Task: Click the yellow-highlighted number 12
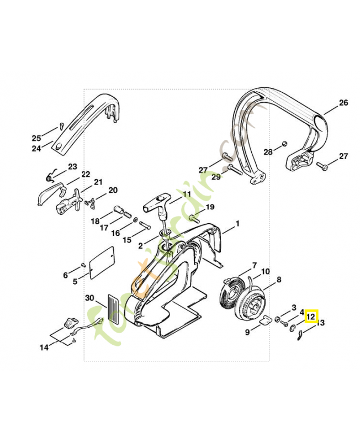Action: point(311,317)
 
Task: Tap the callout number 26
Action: point(343,103)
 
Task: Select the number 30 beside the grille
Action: point(90,298)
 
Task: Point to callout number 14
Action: point(44,348)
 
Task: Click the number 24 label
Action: point(36,148)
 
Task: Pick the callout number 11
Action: point(187,194)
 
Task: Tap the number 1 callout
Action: point(237,224)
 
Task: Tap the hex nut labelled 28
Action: point(284,144)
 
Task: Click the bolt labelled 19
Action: point(193,216)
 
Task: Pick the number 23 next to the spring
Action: point(72,166)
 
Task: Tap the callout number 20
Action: point(113,190)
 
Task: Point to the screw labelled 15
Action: point(145,225)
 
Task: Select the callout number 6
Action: point(65,275)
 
